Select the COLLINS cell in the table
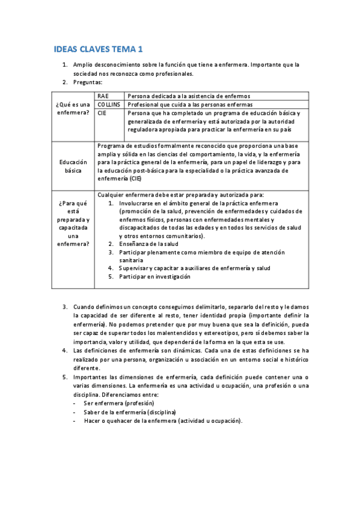(109, 104)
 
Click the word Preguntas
(88, 82)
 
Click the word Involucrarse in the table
(138, 203)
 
